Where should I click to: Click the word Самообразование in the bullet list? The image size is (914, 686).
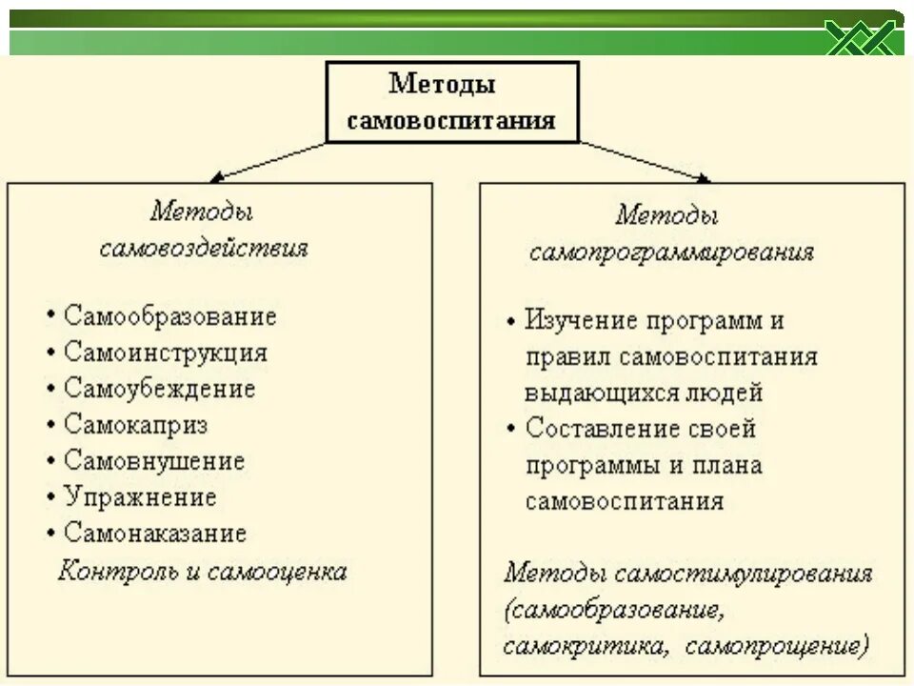pyautogui.click(x=170, y=316)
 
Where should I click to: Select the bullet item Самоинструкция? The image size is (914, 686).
pyautogui.click(x=166, y=353)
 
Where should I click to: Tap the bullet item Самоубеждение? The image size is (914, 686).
pyautogui.click(x=160, y=389)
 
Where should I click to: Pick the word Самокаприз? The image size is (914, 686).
pyautogui.click(x=135, y=425)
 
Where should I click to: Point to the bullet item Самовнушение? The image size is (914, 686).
pyautogui.click(x=154, y=461)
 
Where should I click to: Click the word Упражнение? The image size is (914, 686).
pyautogui.click(x=140, y=497)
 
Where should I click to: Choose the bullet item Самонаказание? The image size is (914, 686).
pyautogui.click(x=155, y=534)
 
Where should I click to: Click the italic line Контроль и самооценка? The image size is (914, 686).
pyautogui.click(x=202, y=572)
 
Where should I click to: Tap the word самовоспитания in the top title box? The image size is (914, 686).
pyautogui.click(x=451, y=122)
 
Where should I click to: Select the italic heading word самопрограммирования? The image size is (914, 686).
pyautogui.click(x=671, y=252)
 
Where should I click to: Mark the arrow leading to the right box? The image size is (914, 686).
pyautogui.click(x=646, y=161)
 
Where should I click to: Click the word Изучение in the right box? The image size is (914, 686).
pyautogui.click(x=581, y=321)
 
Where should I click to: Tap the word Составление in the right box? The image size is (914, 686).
pyautogui.click(x=592, y=429)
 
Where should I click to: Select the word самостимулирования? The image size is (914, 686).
pyautogui.click(x=744, y=574)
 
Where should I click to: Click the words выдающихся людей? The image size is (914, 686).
pyautogui.click(x=644, y=393)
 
